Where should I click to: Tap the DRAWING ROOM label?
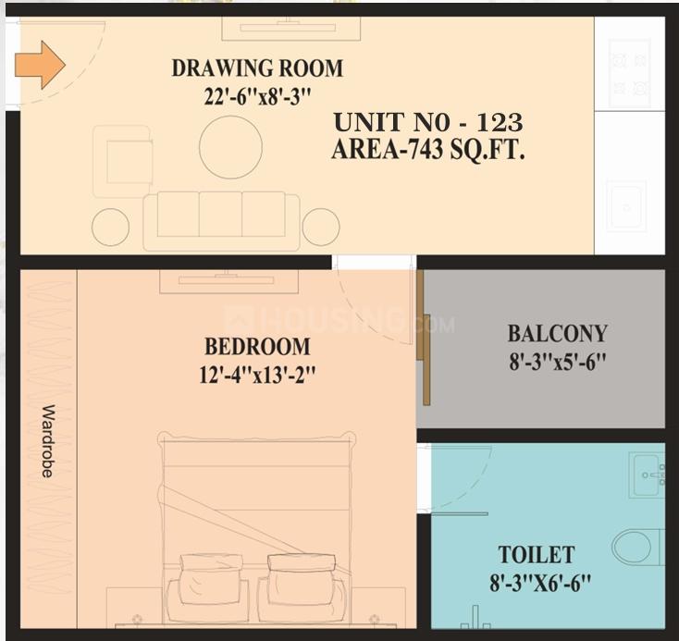click(x=257, y=68)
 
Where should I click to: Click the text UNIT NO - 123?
click(x=427, y=122)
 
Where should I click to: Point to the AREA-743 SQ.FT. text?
click(x=428, y=150)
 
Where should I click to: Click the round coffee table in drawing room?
click(x=230, y=147)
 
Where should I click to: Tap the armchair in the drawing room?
click(x=123, y=161)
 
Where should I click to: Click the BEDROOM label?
click(x=257, y=347)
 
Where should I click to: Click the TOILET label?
click(x=537, y=555)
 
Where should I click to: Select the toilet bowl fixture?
click(x=636, y=546)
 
